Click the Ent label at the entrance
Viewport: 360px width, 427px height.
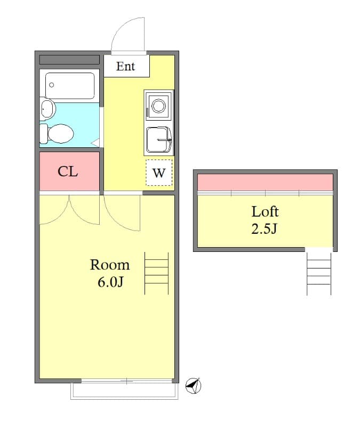click(126, 67)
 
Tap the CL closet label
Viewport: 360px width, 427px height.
click(68, 171)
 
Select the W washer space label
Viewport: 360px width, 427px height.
click(159, 173)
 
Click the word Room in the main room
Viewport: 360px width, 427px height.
click(110, 265)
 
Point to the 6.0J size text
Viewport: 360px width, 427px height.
click(110, 282)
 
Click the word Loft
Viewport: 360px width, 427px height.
click(265, 211)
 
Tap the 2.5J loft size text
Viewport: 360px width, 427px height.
click(265, 229)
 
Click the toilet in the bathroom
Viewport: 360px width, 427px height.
click(58, 133)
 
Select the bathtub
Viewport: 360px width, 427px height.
click(70, 85)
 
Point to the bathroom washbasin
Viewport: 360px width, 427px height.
click(48, 109)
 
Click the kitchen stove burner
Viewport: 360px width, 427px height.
click(158, 105)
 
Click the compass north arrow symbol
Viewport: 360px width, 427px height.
click(193, 385)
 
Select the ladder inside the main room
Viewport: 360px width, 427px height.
click(157, 273)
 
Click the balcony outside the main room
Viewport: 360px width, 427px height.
click(124, 391)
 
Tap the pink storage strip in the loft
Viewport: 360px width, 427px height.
click(265, 182)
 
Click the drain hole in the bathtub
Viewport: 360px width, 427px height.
click(52, 85)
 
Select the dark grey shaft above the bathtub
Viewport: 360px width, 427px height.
click(69, 59)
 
